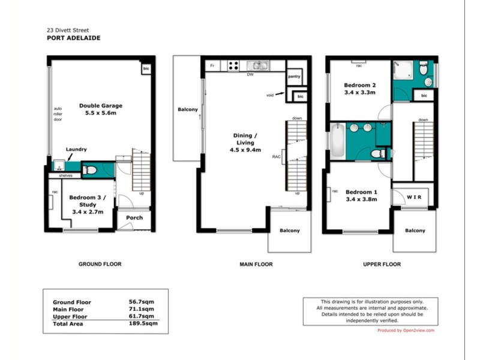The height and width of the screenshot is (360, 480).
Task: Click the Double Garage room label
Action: click(x=101, y=109)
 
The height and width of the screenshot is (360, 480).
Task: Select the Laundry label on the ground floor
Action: click(x=76, y=149)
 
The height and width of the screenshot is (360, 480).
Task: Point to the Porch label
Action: click(x=134, y=217)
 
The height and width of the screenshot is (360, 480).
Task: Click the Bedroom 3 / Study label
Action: click(x=88, y=201)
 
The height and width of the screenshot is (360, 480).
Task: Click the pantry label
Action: click(x=294, y=77)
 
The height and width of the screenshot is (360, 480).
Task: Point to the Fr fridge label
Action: click(x=212, y=65)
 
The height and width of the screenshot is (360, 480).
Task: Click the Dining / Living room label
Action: click(x=243, y=143)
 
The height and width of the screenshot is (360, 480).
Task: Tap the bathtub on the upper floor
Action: click(x=337, y=140)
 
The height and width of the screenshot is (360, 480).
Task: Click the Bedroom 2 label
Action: click(x=360, y=88)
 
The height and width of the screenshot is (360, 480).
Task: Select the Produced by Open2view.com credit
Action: click(x=406, y=331)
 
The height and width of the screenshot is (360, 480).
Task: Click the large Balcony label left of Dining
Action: click(x=187, y=110)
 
